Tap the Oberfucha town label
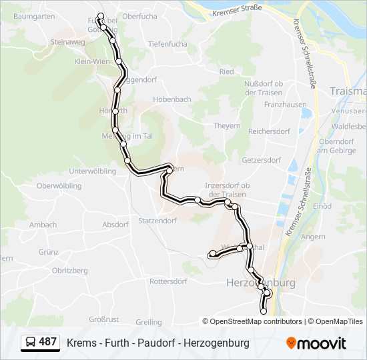[x=139, y=16]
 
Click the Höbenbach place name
[x=172, y=99]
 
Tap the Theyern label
[x=226, y=125]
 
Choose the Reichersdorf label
[x=270, y=132]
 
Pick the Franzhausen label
[x=285, y=105]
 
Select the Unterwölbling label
[x=92, y=171]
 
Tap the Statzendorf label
[x=157, y=221]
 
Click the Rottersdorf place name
[x=168, y=281]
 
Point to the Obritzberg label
[x=69, y=271]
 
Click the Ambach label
[x=43, y=225]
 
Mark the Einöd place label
[x=322, y=207]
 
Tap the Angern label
[x=314, y=237]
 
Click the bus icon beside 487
[x=30, y=343]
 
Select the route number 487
[x=48, y=342]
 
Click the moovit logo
[x=316, y=343]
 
